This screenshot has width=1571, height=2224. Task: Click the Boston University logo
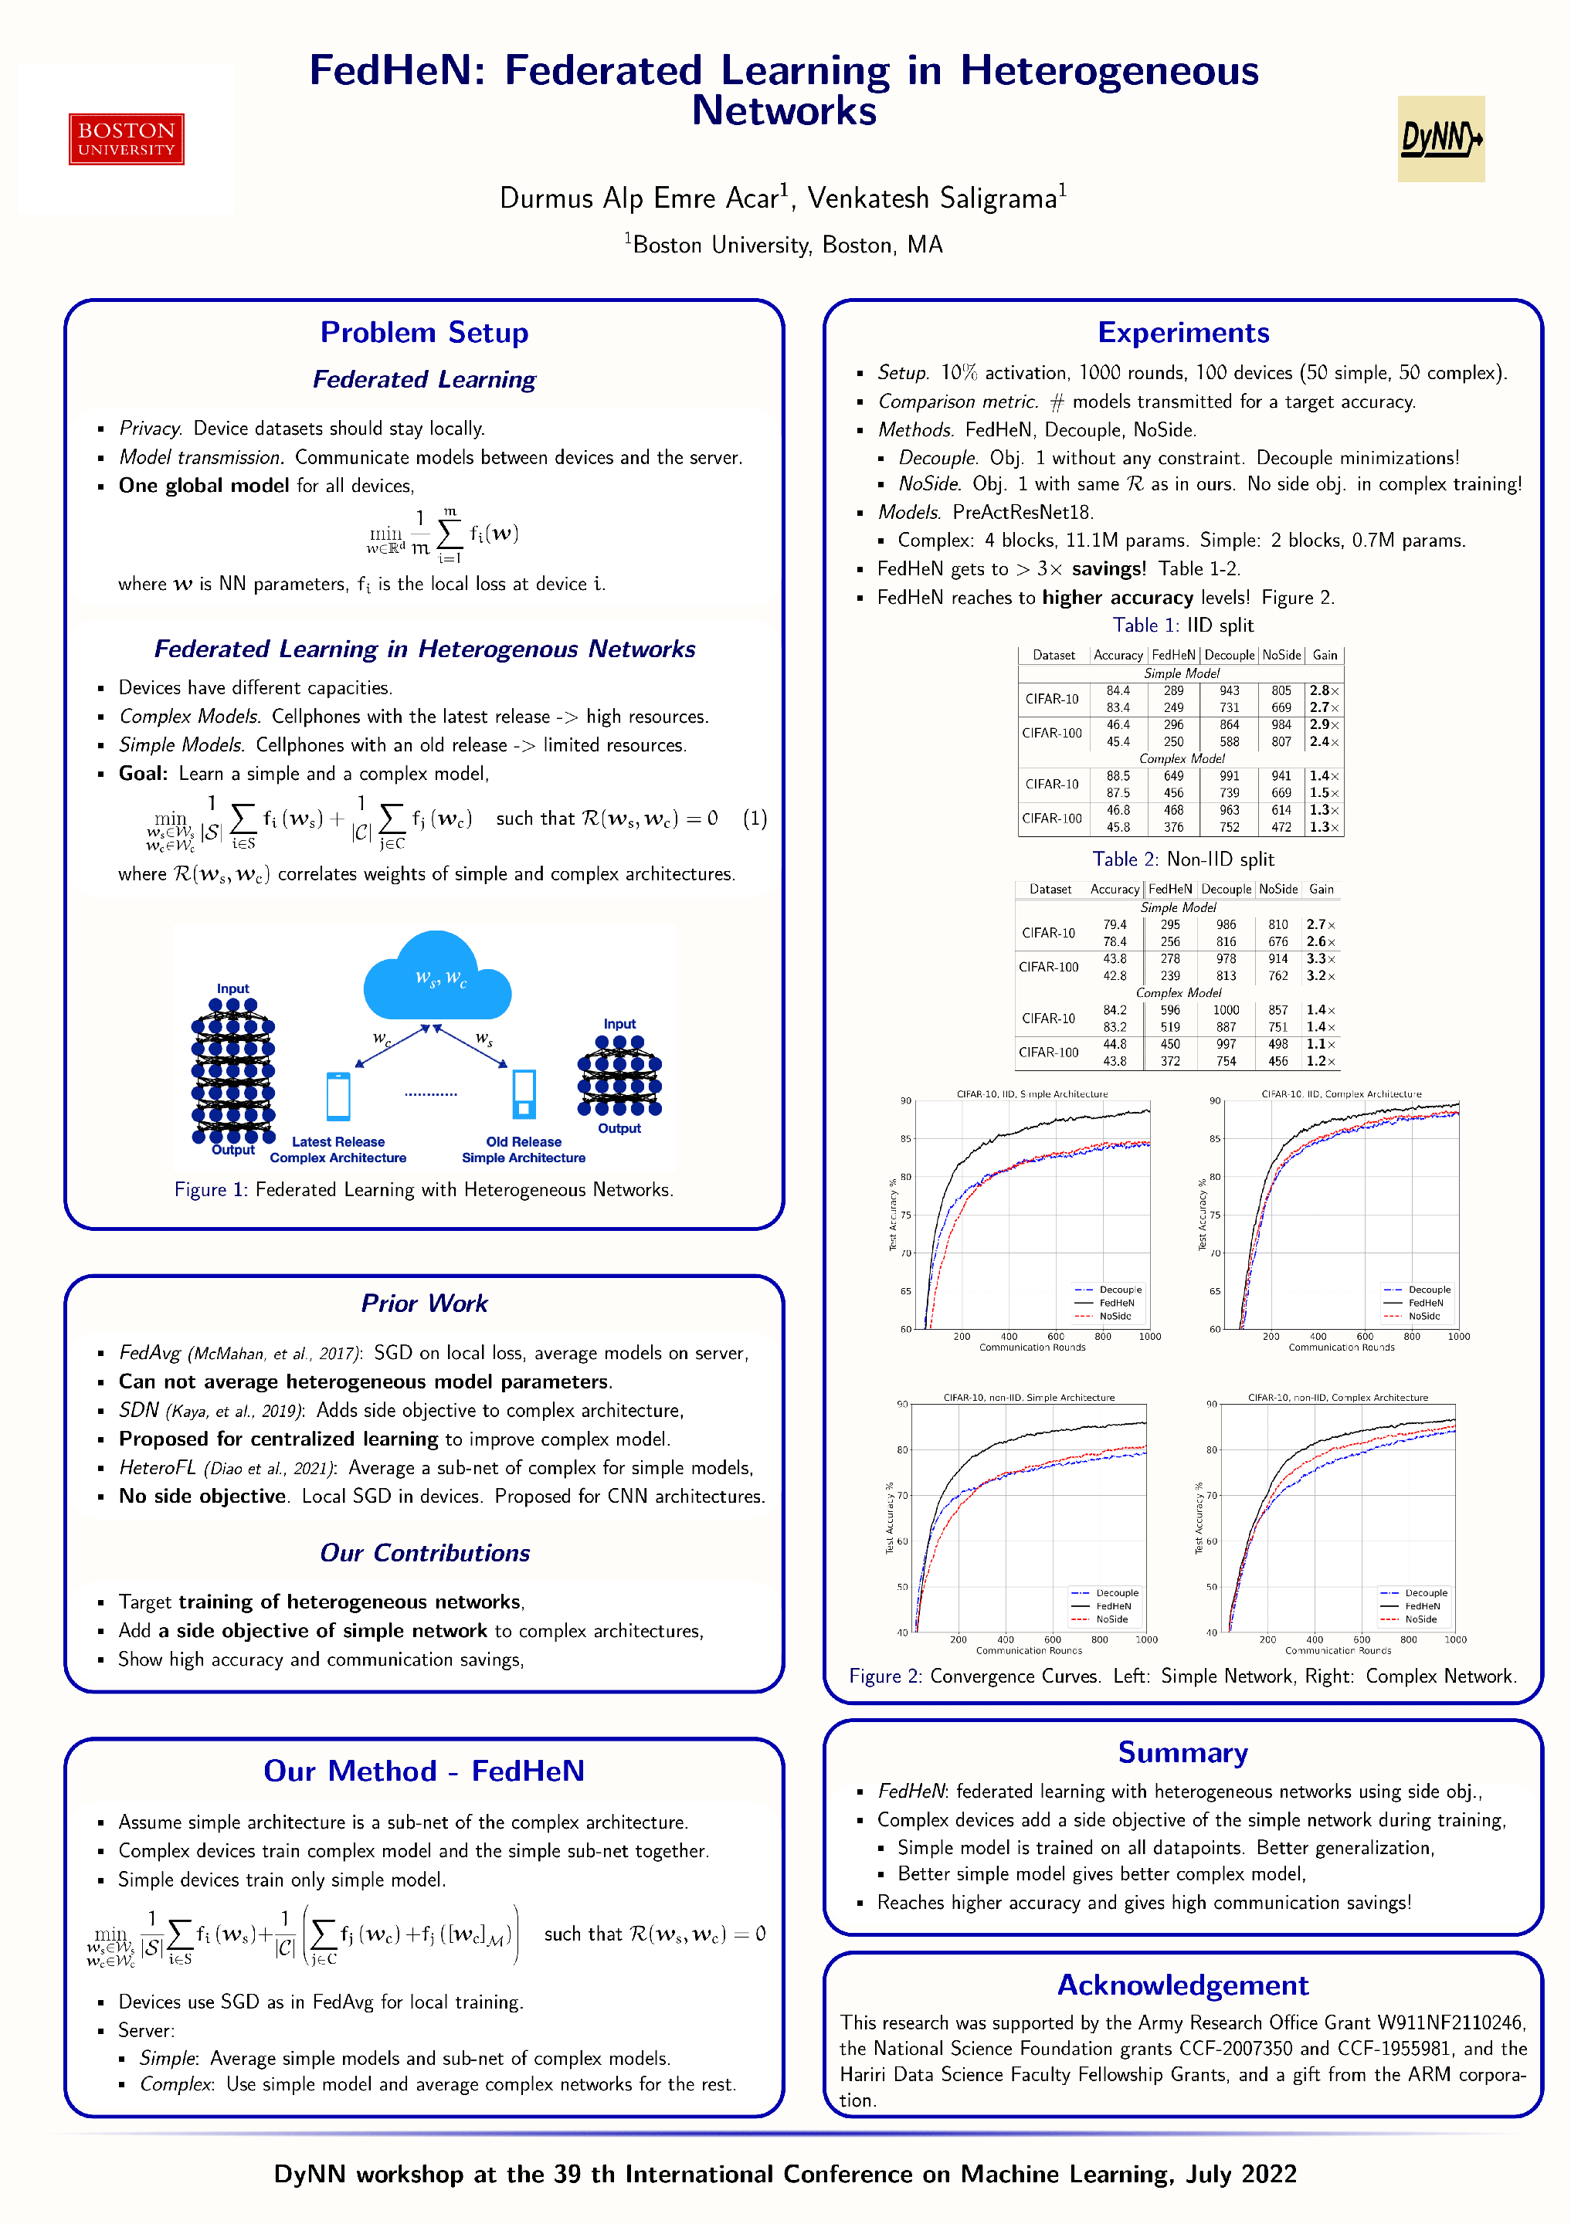click(x=126, y=138)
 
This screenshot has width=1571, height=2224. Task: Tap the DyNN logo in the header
click(x=1440, y=138)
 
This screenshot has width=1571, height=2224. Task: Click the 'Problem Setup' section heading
click(x=424, y=332)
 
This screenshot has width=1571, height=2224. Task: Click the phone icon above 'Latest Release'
click(x=338, y=1096)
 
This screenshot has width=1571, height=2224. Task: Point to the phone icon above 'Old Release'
click(x=524, y=1093)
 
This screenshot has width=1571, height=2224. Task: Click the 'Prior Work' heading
click(x=424, y=1303)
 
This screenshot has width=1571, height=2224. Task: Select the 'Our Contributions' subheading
click(x=424, y=1553)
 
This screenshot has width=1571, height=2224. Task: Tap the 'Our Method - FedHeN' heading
click(x=424, y=1771)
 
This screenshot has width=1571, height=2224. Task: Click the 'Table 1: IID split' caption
click(x=1182, y=625)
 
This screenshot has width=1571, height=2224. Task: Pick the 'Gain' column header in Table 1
click(x=1324, y=655)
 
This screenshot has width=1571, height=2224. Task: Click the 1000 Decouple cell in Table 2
click(x=1227, y=1010)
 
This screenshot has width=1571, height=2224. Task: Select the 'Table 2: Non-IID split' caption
click(x=1182, y=859)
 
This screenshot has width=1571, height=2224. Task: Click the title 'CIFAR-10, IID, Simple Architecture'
click(x=1032, y=1093)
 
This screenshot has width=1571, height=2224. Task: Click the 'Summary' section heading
click(x=1182, y=1752)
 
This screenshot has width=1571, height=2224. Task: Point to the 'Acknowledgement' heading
click(x=1182, y=1985)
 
